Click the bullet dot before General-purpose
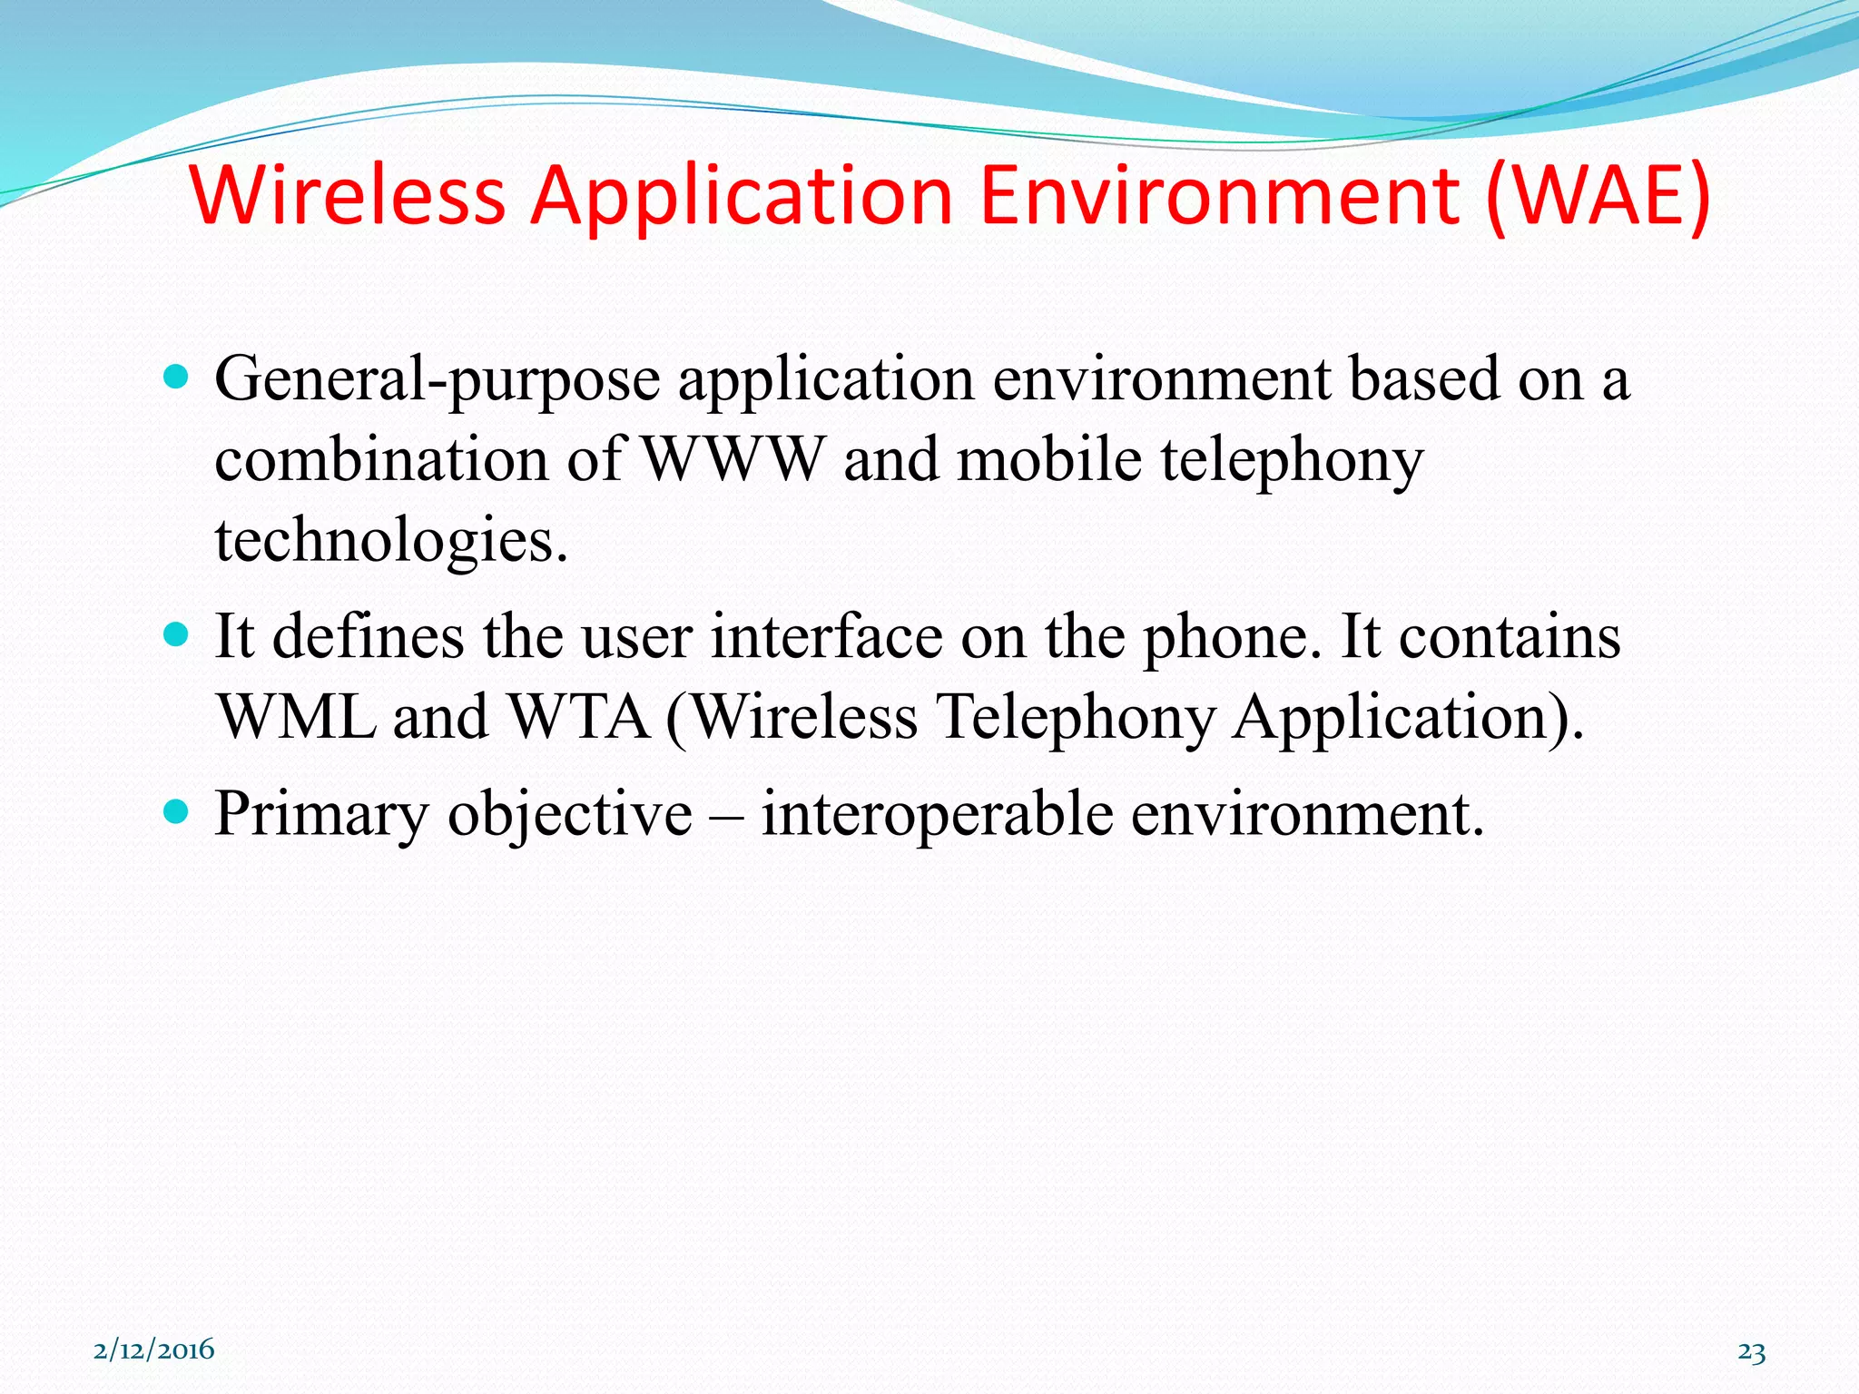click(x=176, y=376)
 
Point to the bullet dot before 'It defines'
click(x=176, y=633)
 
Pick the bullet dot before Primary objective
click(x=176, y=810)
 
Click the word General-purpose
click(x=437, y=379)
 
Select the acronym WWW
click(x=733, y=459)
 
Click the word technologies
click(x=390, y=540)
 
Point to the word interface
click(x=826, y=636)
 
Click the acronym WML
click(x=297, y=717)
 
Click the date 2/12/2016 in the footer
click(x=154, y=1350)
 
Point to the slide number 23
click(x=1751, y=1352)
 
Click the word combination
click(x=381, y=459)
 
